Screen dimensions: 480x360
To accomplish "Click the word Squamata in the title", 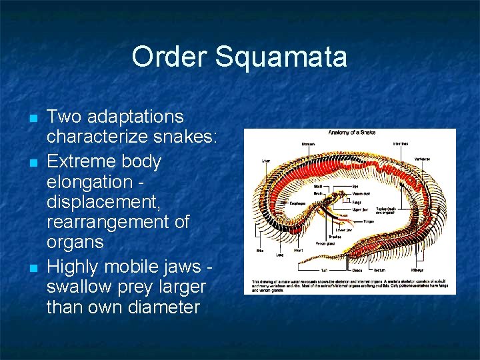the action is click(x=281, y=57).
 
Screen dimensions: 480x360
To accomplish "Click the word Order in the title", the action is click(x=169, y=57).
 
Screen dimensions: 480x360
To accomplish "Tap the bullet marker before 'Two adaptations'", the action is click(x=33, y=118).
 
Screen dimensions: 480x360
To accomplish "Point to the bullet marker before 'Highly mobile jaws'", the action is click(x=33, y=268).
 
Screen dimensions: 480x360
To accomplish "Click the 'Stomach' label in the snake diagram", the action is click(x=309, y=143).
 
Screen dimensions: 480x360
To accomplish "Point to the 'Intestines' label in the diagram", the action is click(x=401, y=143).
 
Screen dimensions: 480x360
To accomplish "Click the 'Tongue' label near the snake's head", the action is click(x=368, y=221).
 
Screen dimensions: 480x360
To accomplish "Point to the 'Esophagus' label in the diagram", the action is click(x=297, y=203).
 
